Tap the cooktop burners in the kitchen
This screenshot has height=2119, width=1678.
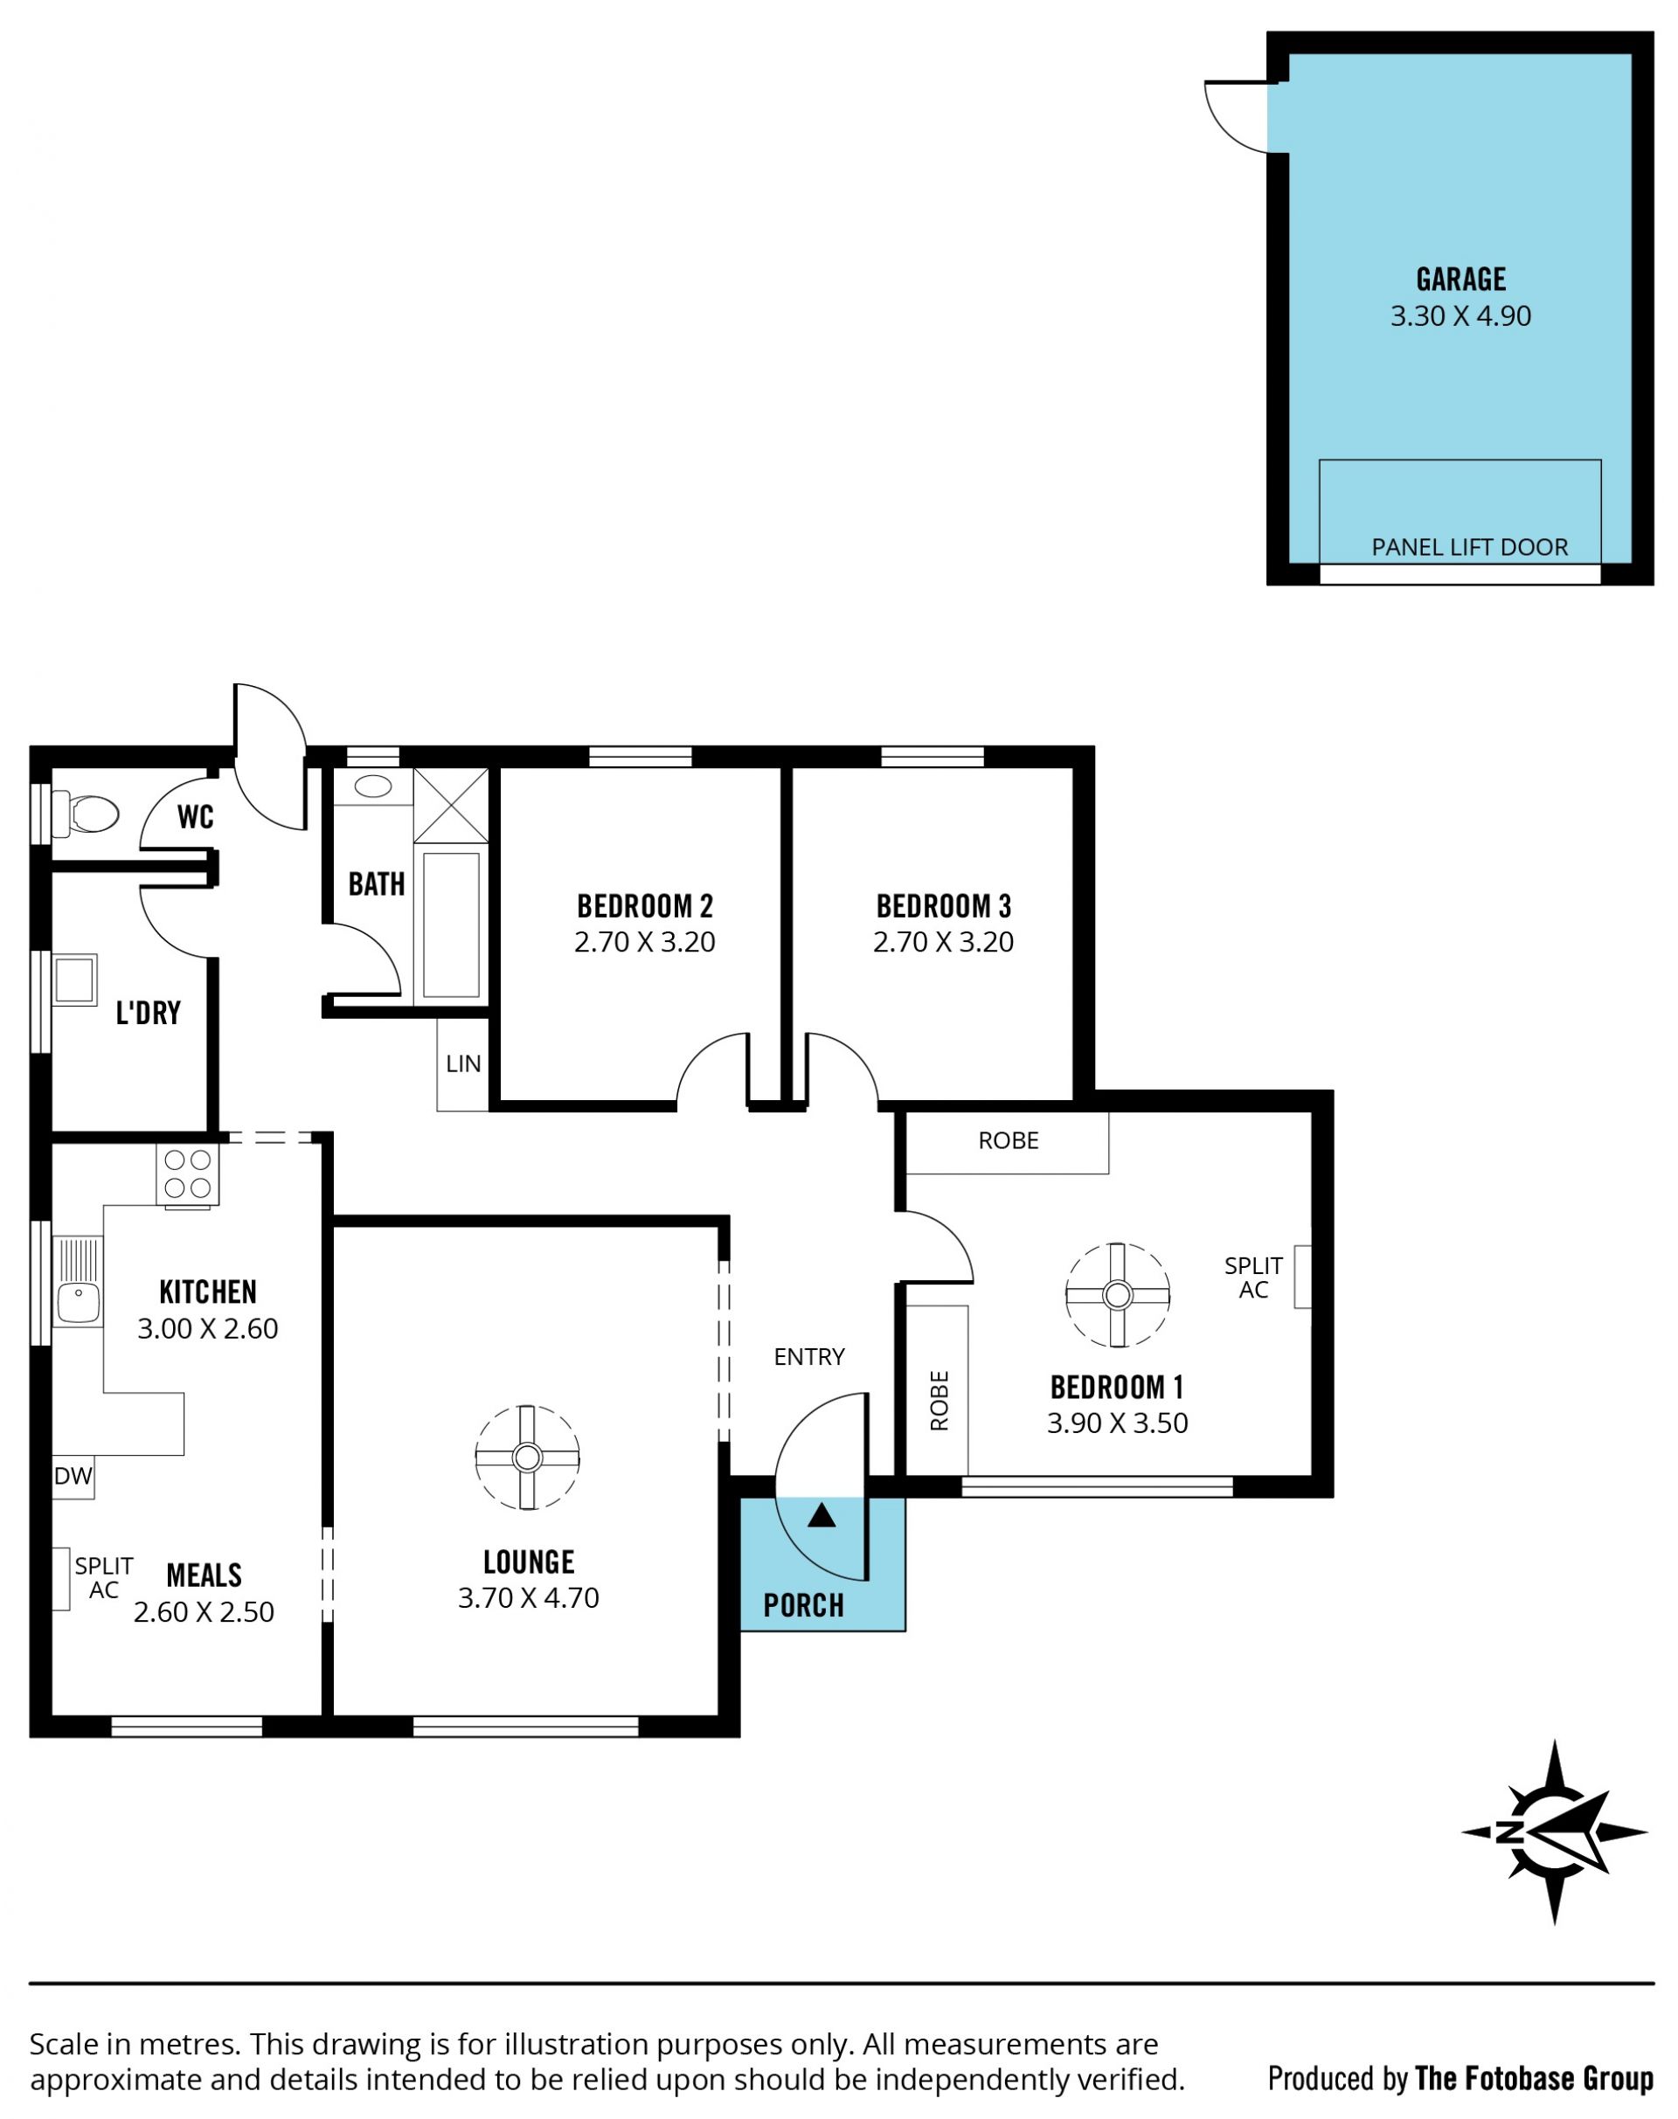pyautogui.click(x=188, y=1175)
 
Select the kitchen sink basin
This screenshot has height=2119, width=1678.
pyautogui.click(x=79, y=1302)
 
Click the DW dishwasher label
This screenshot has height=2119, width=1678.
pyautogui.click(x=73, y=1476)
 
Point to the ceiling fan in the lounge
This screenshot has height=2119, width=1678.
pyautogui.click(x=528, y=1457)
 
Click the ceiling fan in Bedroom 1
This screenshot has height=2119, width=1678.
pyautogui.click(x=1118, y=1295)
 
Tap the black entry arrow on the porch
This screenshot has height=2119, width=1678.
pyautogui.click(x=822, y=1516)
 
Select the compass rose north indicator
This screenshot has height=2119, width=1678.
pyautogui.click(x=1554, y=1832)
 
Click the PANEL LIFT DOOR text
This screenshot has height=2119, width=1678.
pyautogui.click(x=1470, y=547)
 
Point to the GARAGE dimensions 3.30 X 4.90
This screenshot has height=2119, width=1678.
pyautogui.click(x=1461, y=316)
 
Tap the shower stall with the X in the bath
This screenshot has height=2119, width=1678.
pyautogui.click(x=451, y=806)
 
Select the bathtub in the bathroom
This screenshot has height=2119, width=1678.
pyautogui.click(x=451, y=925)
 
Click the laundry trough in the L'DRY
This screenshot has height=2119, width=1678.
pyautogui.click(x=74, y=980)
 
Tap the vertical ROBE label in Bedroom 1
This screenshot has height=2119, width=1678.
pyautogui.click(x=940, y=1401)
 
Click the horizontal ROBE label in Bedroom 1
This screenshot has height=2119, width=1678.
pyautogui.click(x=1009, y=1140)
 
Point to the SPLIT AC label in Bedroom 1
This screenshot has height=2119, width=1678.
pyautogui.click(x=1253, y=1278)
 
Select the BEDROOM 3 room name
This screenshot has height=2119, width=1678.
pyautogui.click(x=944, y=906)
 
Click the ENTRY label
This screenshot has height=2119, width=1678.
pyautogui.click(x=809, y=1357)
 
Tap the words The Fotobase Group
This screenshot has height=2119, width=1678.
pyautogui.click(x=1535, y=2080)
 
